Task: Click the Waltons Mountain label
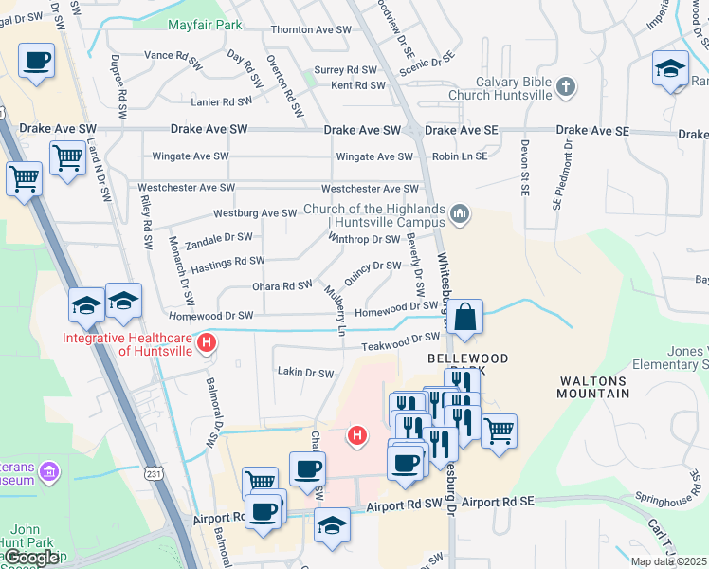(593, 386)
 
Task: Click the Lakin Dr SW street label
(304, 374)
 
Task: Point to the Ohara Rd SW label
(282, 285)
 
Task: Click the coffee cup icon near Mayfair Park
(37, 62)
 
